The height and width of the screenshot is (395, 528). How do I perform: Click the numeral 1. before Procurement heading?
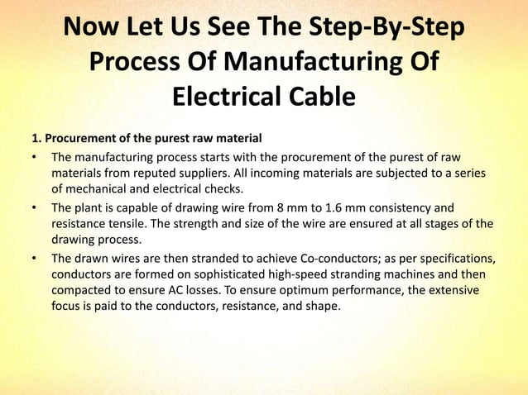[x=36, y=137]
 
